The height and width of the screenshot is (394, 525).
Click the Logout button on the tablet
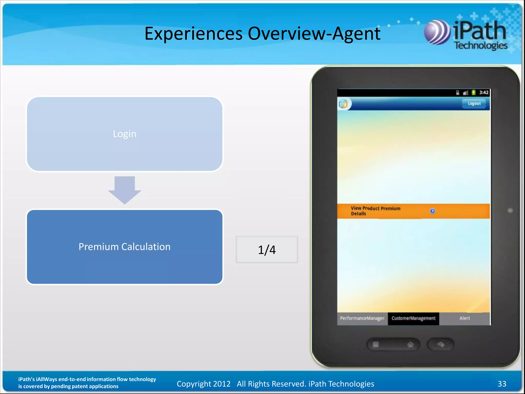pyautogui.click(x=474, y=104)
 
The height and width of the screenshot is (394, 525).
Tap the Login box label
pyautogui.click(x=125, y=134)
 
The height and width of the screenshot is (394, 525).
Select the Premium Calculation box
pyautogui.click(x=125, y=247)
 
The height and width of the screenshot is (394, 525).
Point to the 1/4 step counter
pyautogui.click(x=267, y=250)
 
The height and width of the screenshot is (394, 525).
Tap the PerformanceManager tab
pyautogui.click(x=362, y=318)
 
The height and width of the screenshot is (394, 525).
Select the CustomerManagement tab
pyautogui.click(x=413, y=318)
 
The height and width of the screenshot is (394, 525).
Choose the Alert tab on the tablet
pyautogui.click(x=465, y=318)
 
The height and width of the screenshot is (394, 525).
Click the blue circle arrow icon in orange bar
pyautogui.click(x=432, y=211)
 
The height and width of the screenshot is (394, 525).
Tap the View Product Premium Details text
pyautogui.click(x=375, y=211)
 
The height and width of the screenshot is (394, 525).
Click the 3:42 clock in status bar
pyautogui.click(x=484, y=93)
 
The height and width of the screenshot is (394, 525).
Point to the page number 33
pyautogui.click(x=502, y=384)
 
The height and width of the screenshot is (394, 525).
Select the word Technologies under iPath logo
pyautogui.click(x=481, y=46)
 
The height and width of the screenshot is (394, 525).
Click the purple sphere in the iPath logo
pyautogui.click(x=437, y=33)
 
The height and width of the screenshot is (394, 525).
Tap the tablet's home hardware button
pyautogui.click(x=410, y=344)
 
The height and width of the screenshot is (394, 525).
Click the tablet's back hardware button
pyautogui.click(x=441, y=344)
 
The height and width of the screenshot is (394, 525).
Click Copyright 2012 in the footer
pyautogui.click(x=204, y=384)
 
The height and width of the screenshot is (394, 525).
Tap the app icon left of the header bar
pyautogui.click(x=344, y=104)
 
